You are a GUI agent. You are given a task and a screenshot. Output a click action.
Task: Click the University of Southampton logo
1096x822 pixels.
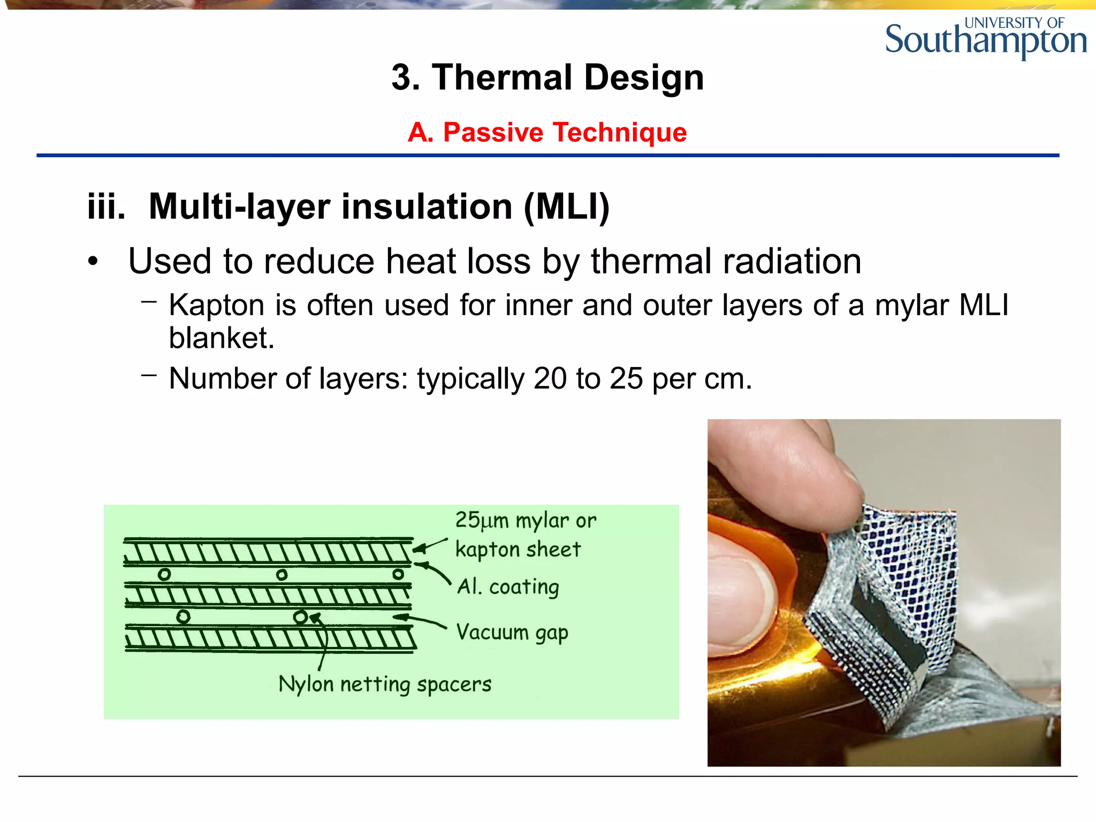(986, 37)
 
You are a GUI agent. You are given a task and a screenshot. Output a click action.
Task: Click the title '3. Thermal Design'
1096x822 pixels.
(547, 78)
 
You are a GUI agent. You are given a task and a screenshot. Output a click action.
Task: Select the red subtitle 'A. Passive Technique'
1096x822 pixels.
(547, 132)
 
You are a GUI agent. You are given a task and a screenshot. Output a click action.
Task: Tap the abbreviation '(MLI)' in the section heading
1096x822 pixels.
(567, 207)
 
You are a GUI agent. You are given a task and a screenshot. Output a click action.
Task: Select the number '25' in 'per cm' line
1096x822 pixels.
(626, 379)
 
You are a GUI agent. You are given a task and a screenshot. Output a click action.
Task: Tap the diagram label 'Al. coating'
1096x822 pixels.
(508, 587)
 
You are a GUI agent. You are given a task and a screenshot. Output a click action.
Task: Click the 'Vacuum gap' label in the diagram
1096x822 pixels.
(512, 633)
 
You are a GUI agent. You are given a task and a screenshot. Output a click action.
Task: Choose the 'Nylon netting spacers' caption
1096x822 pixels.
(385, 684)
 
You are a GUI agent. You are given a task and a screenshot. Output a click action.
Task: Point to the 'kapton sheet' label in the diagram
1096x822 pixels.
(517, 550)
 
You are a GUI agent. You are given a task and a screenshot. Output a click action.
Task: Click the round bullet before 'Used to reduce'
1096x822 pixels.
(94, 262)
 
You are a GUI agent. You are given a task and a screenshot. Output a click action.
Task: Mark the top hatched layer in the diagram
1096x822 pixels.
(268, 552)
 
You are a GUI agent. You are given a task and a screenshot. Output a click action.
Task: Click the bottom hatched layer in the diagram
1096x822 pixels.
(270, 638)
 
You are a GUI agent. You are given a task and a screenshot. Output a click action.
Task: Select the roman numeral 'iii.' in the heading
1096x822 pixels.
(106, 207)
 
